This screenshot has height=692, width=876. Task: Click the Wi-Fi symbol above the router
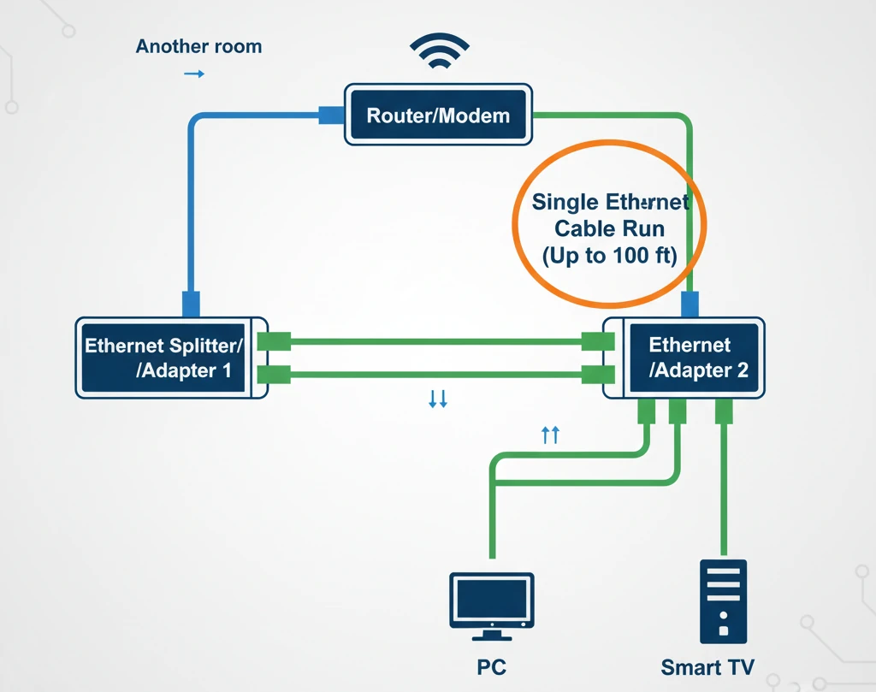coord(440,53)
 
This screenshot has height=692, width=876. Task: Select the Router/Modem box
coord(438,115)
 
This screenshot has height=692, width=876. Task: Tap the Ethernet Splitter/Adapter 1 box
coord(163,358)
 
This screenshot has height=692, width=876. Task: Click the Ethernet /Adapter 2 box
coord(690,358)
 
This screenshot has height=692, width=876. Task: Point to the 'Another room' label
coord(198,46)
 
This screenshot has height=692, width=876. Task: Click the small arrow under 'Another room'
coord(194,74)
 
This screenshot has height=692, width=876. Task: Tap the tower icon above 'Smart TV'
coord(723,600)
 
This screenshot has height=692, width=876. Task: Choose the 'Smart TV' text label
coord(707,666)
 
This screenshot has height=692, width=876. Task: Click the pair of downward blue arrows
coord(438,399)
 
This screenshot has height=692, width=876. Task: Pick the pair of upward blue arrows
coord(551,435)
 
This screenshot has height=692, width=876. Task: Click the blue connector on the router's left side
coord(331,115)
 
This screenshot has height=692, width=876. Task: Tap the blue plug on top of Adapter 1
coord(191,304)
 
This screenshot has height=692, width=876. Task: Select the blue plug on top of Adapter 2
coord(690,304)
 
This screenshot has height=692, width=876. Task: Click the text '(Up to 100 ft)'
coord(609,256)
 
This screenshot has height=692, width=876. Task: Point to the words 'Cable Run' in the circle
coord(609,229)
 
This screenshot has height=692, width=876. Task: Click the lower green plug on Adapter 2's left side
coord(597,374)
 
